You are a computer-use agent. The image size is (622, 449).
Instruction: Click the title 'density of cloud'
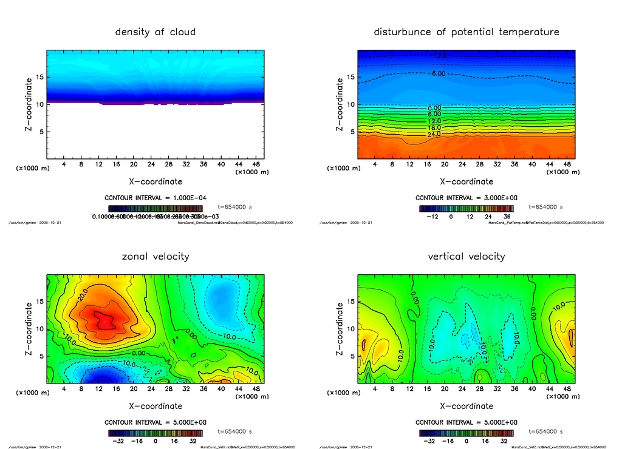point(155,32)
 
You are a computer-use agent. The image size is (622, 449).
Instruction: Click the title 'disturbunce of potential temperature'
point(466,32)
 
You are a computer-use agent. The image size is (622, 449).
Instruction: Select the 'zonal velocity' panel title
point(155,256)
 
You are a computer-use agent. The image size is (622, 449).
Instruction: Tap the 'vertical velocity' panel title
point(466,256)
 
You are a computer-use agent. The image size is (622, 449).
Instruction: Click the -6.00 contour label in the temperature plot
point(439,73)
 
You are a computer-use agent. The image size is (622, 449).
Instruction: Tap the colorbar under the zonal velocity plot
point(155,433)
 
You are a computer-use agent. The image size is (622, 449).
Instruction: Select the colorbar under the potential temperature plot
point(466,208)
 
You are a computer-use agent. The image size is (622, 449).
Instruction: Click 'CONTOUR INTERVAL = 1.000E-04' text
point(156,198)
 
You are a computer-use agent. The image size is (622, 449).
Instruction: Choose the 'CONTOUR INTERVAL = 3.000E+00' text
point(466,198)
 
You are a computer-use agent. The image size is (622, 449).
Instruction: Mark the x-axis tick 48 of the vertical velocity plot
point(566,389)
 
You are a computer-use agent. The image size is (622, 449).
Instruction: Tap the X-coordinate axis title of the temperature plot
point(466,181)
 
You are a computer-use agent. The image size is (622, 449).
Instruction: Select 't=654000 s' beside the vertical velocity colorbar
point(546,431)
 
